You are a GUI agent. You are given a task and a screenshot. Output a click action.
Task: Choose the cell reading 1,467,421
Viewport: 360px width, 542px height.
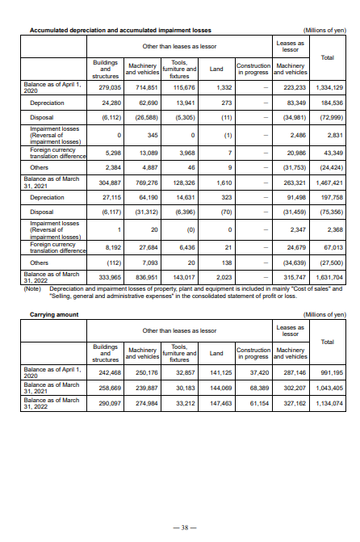[329, 183]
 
